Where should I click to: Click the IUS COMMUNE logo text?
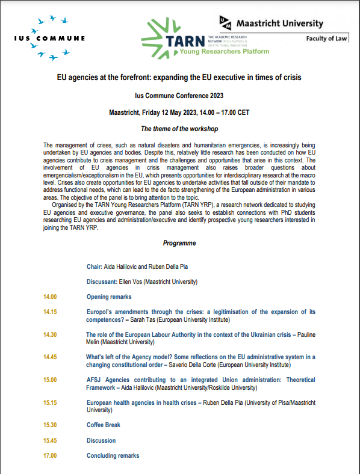coord(49,38)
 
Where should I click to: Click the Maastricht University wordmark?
coord(279,24)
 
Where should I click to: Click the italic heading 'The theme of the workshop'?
coord(179,129)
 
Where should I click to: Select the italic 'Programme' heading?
coord(179,243)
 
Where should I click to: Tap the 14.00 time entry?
coord(50,297)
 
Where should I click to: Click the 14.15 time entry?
coord(50,312)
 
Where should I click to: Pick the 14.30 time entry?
coord(50,334)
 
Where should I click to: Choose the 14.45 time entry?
coord(50,357)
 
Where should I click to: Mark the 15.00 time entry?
coord(50,380)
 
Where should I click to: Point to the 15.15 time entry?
coord(50,402)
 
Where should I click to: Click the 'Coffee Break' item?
coord(104,425)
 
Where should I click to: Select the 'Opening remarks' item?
coord(109,297)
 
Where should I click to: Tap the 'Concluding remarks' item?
coord(113,455)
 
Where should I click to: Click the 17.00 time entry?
coord(50,455)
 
